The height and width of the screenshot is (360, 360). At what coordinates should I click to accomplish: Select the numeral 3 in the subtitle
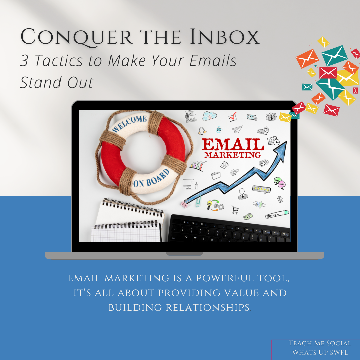click(x=24, y=61)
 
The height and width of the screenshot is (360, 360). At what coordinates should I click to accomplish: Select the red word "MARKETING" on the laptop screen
click(x=233, y=155)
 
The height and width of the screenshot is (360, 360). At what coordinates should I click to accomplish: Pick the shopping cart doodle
click(x=235, y=209)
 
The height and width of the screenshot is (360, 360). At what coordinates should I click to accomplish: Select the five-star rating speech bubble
click(x=261, y=189)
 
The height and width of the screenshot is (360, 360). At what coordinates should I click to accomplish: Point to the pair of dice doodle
click(x=264, y=163)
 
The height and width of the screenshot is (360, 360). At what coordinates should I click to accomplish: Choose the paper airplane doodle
click(x=237, y=129)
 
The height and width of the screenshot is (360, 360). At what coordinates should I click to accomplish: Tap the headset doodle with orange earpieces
click(x=201, y=130)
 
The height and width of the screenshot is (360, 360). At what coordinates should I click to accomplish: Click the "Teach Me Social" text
click(x=320, y=343)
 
